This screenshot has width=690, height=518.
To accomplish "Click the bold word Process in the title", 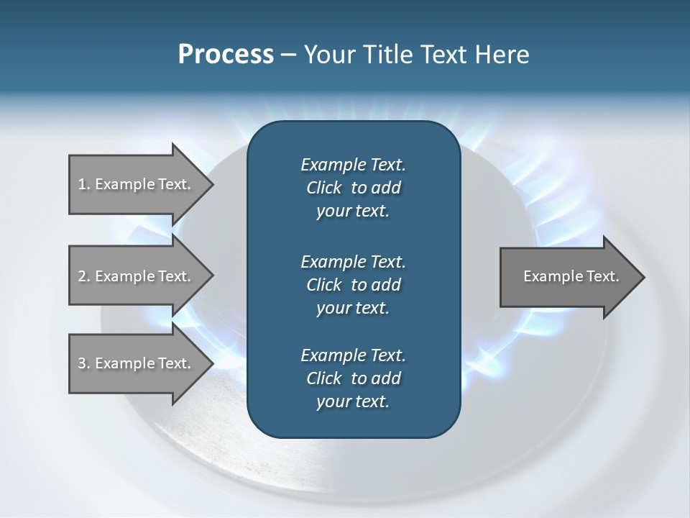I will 226,55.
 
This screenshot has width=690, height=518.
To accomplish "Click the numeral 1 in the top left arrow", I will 81,184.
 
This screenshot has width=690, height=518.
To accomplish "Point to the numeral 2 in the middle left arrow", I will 82,276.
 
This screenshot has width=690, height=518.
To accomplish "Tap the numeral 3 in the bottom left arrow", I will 82,363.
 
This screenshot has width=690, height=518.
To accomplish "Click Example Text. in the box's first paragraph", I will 353,165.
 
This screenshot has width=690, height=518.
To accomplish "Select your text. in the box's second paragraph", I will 353,308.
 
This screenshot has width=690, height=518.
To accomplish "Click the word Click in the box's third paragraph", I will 323,378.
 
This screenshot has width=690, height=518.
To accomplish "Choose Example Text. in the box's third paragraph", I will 353,355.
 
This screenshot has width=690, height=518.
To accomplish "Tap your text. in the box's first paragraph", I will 353,212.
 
